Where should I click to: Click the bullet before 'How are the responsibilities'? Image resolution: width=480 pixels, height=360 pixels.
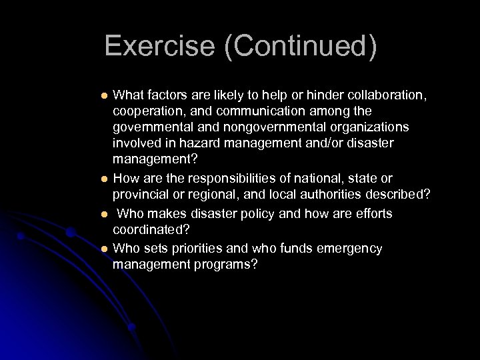103,179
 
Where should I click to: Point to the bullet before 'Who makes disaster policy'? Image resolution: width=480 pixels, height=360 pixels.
103,214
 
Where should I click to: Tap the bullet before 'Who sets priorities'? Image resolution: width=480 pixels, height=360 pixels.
103,249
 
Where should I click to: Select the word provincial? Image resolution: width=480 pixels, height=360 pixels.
140,196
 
